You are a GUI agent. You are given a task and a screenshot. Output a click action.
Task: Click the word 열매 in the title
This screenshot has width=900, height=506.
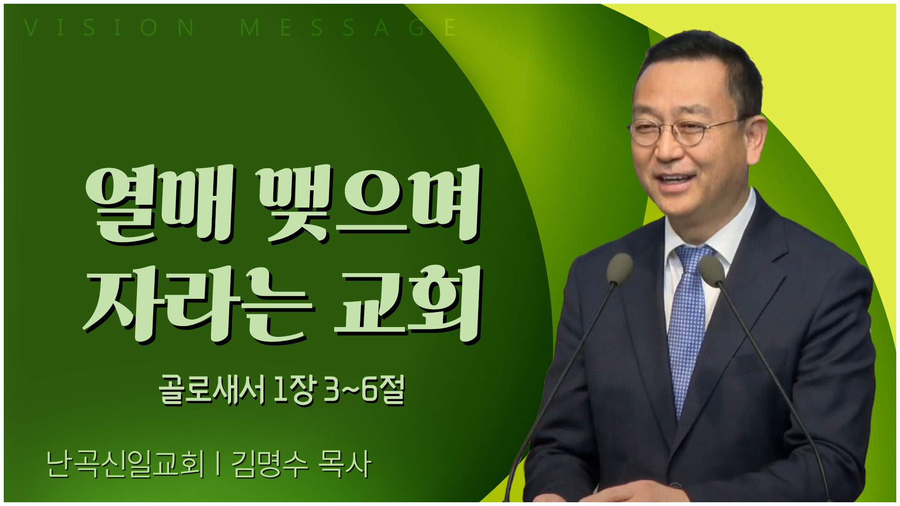tap(160, 205)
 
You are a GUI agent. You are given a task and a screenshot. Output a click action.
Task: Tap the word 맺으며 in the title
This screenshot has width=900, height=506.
tap(370, 205)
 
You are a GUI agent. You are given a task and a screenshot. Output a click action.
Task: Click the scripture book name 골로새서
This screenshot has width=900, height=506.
tap(212, 390)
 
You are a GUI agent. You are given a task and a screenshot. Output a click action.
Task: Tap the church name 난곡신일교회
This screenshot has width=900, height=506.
tap(126, 464)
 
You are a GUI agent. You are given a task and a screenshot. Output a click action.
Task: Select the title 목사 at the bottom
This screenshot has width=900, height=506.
tap(345, 464)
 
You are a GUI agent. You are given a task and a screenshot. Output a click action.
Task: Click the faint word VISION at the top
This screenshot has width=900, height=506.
tap(109, 28)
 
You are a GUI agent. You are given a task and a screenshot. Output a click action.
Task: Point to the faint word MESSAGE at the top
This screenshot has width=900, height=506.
tap(348, 28)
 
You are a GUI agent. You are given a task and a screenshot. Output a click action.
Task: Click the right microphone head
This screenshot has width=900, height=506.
tap(712, 271)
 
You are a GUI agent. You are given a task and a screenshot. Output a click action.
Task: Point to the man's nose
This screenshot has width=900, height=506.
tap(666, 147)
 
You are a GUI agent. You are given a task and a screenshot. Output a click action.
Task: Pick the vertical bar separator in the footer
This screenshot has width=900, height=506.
tap(218, 464)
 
